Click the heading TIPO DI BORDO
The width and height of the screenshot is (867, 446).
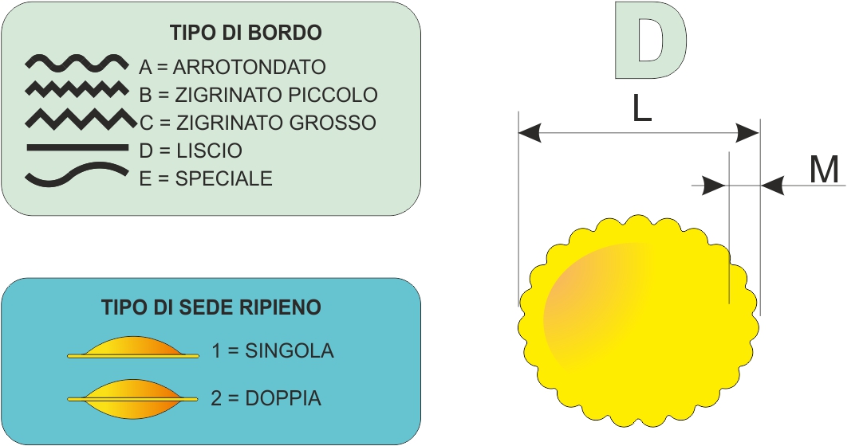[x=246, y=33]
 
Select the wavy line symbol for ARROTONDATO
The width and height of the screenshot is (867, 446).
[x=77, y=64]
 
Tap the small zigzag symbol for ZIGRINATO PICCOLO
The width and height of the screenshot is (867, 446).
[x=76, y=89]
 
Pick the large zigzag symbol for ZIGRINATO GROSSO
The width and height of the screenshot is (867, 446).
[x=81, y=119]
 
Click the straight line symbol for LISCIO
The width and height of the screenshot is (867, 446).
[x=77, y=147]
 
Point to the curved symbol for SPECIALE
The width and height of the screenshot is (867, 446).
[x=77, y=174]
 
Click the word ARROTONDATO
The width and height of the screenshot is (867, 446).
[x=249, y=67]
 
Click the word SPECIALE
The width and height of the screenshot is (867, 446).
[x=223, y=178]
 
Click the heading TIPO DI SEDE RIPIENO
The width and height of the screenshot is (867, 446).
[x=211, y=307]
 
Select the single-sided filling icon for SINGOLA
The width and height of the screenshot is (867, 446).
[x=133, y=348]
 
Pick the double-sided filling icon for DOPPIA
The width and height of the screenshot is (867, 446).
[x=132, y=398]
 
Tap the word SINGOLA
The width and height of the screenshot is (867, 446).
[x=290, y=350]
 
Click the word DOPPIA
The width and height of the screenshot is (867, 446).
[x=282, y=398]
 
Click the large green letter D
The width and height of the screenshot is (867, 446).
[x=650, y=41]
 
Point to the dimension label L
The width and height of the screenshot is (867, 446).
[x=641, y=110]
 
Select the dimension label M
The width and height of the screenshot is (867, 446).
[x=825, y=170]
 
